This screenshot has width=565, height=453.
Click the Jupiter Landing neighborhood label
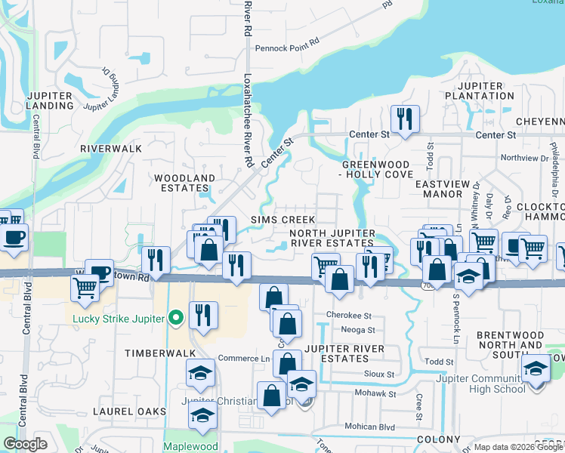click(50, 100)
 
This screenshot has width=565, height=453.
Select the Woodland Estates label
click(185, 183)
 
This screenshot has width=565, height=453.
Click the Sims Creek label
click(283, 219)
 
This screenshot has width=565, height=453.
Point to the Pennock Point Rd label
click(288, 47)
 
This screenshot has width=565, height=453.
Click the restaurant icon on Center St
click(404, 119)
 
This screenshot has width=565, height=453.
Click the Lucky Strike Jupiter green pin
click(177, 319)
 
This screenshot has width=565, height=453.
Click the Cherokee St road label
click(349, 315)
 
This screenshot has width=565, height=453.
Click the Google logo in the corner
click(26, 444)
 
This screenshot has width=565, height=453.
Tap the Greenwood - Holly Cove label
click(375, 169)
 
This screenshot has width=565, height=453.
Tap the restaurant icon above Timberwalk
click(202, 315)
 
